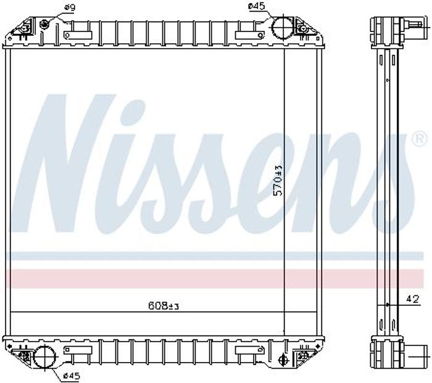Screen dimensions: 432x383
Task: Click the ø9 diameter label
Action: click(70, 7)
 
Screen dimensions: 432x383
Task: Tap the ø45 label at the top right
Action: click(256, 6)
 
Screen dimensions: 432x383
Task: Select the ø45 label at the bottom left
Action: click(72, 376)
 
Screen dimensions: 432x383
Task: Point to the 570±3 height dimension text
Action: click(278, 180)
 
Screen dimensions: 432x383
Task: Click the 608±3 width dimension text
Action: click(164, 305)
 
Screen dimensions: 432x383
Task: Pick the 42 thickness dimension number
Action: click(413, 299)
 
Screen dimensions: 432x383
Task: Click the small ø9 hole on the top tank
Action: click(43, 24)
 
